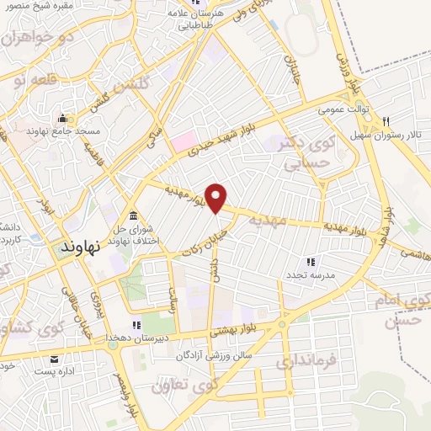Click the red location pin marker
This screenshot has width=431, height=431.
[216, 198]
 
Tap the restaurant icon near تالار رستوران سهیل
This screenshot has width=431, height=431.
[386, 120]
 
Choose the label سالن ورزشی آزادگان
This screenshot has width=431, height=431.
[215, 356]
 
